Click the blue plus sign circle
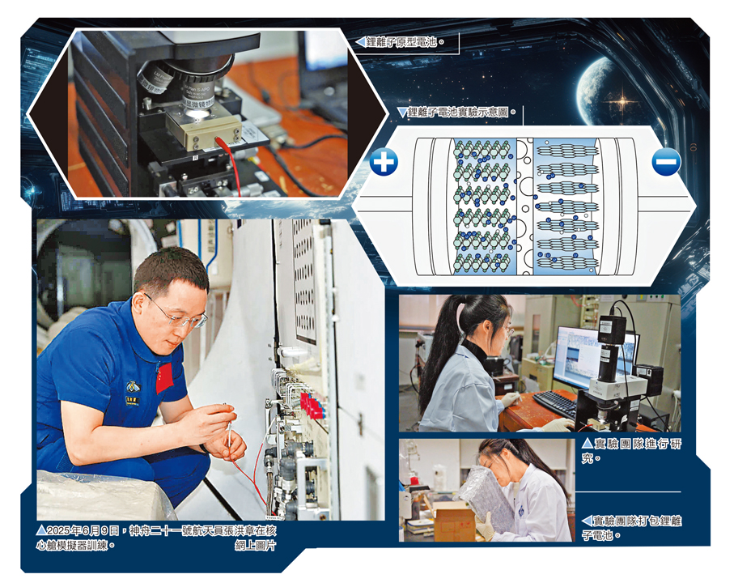pyautogui.click(x=384, y=162)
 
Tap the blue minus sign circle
pyautogui.click(x=666, y=162)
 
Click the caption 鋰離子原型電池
pyautogui.click(x=401, y=42)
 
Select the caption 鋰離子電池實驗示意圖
pyautogui.click(x=458, y=112)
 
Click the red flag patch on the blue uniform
pyautogui.click(x=164, y=377)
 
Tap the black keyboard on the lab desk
pyautogui.click(x=555, y=404)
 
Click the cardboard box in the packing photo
pyautogui.click(x=454, y=521)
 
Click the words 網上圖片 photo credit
pyautogui.click(x=256, y=546)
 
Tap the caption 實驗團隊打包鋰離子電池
pyautogui.click(x=632, y=528)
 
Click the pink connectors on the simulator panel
pyautogui.click(x=312, y=404)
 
